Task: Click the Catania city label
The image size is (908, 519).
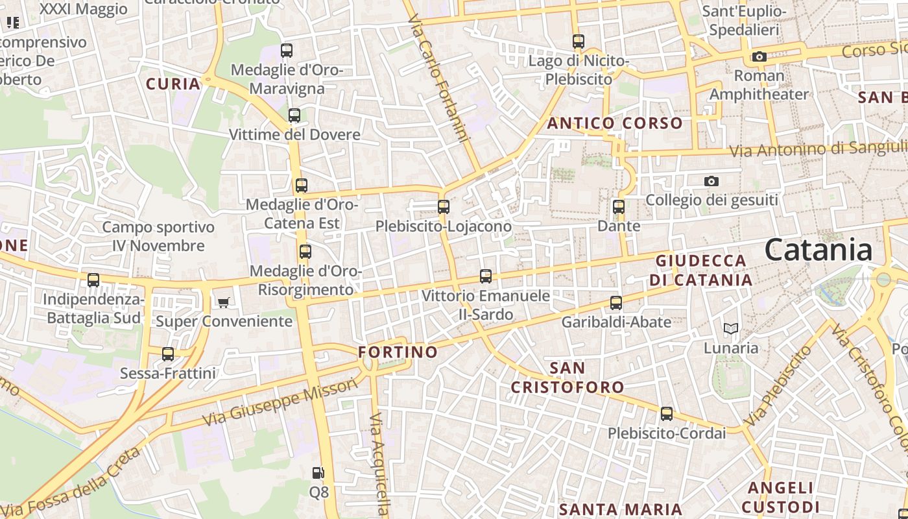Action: tap(818, 250)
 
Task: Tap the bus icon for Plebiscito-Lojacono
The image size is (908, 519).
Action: tap(444, 207)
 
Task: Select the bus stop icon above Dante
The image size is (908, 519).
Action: tap(619, 207)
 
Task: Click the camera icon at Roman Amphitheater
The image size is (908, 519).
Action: tap(759, 56)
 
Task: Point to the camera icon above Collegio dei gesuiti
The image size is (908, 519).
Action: tap(711, 181)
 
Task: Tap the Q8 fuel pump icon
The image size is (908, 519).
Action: tap(318, 474)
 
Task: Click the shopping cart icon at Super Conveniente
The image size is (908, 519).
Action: tap(224, 302)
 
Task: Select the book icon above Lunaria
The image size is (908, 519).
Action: tap(731, 329)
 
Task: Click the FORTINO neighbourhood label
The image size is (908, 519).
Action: tap(398, 352)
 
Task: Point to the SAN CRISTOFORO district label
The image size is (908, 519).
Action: tap(567, 378)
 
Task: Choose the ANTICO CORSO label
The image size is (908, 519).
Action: tap(615, 123)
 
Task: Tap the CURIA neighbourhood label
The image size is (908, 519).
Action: tap(173, 84)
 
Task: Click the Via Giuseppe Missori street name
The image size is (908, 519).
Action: tap(281, 404)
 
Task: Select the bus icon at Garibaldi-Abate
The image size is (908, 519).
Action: tap(616, 302)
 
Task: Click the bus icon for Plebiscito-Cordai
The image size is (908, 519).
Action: tap(667, 414)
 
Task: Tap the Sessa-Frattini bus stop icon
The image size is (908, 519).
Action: tap(168, 354)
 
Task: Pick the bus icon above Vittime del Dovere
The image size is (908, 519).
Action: tap(294, 115)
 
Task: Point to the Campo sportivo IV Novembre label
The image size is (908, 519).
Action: tap(158, 236)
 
